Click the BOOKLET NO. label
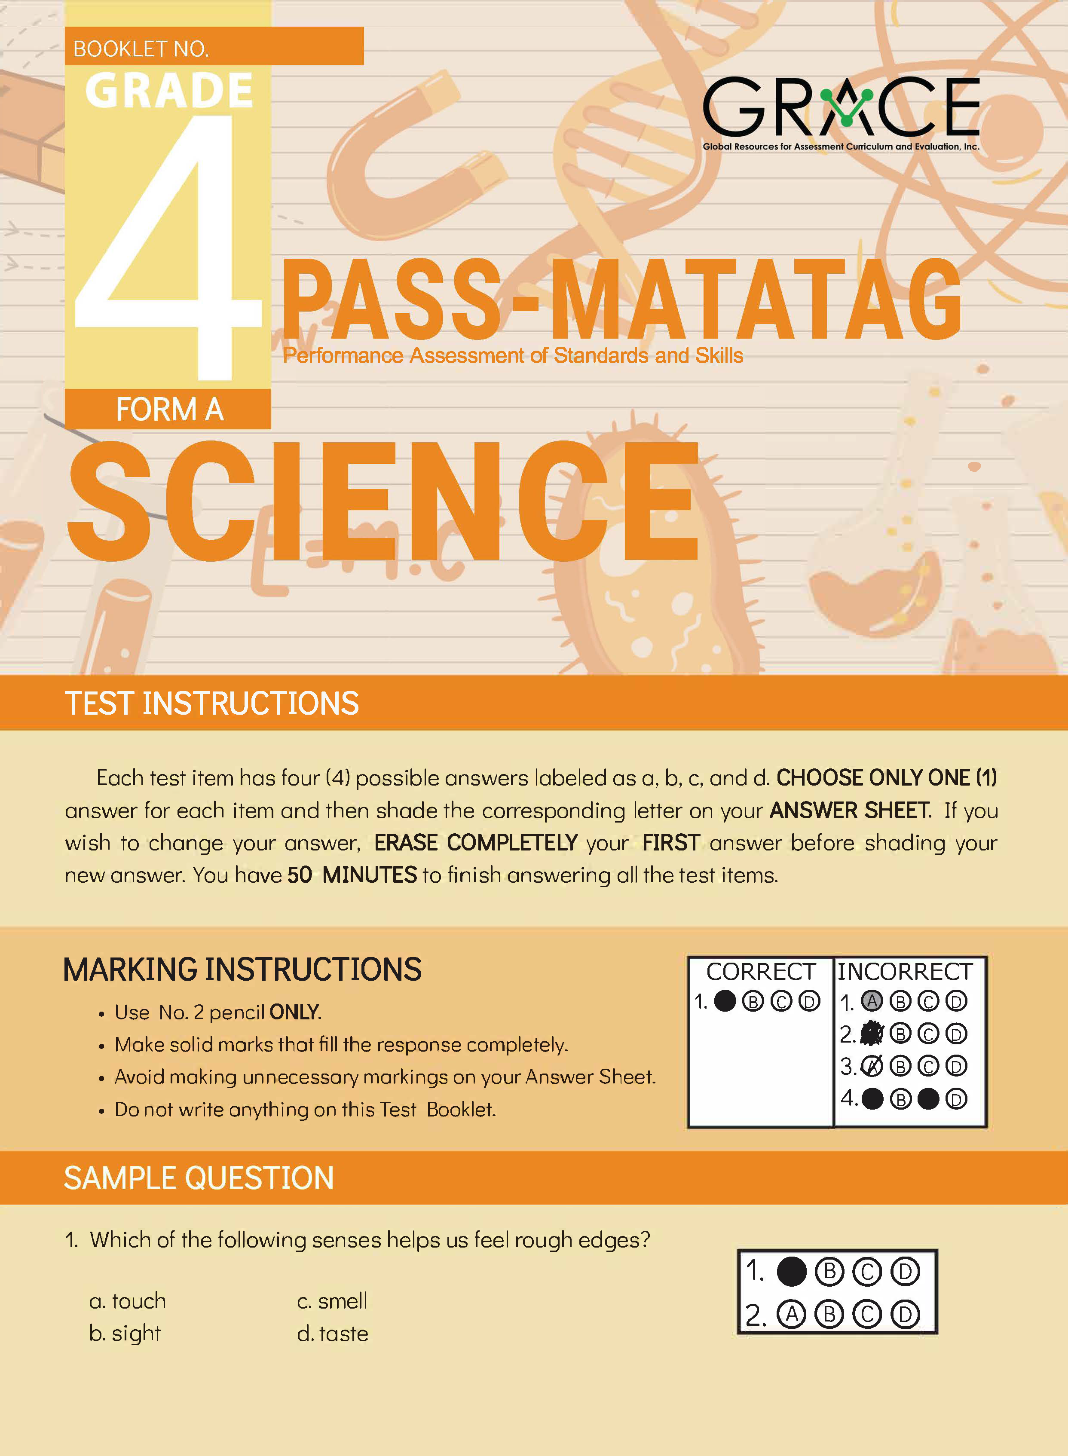[x=141, y=49]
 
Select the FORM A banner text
[x=169, y=409]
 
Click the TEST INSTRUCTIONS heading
[x=211, y=704]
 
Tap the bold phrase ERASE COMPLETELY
[x=476, y=842]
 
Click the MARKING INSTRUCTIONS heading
[x=242, y=970]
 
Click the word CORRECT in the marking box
[x=760, y=972]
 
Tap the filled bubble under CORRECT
[x=725, y=1001]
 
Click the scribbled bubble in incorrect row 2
[x=872, y=1033]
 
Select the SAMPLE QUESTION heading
[x=199, y=1178]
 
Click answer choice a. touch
[x=127, y=1300]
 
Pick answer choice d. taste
[x=332, y=1333]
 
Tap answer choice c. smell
[x=332, y=1300]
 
